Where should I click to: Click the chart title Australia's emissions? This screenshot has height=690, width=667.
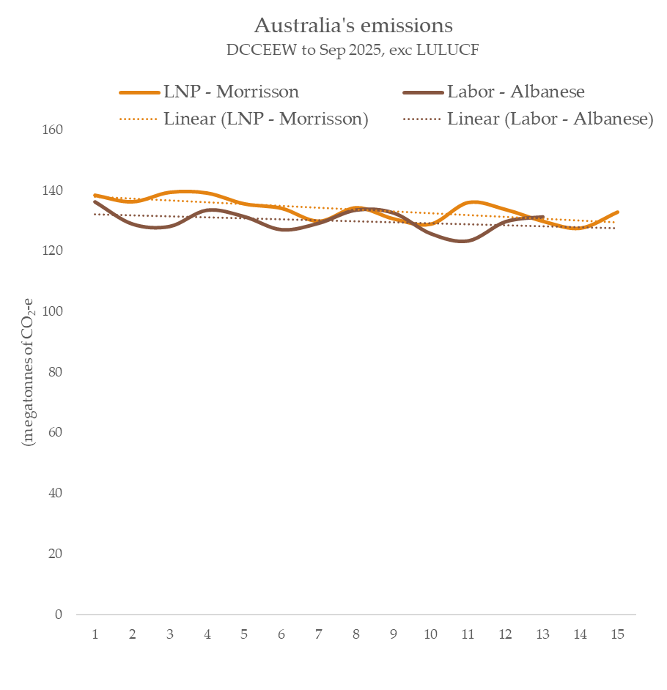pos(353,26)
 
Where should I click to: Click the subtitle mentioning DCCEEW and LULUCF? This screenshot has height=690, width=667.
pos(353,51)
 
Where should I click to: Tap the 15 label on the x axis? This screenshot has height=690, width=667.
pos(617,634)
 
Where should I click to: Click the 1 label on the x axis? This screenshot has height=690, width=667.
pos(95,634)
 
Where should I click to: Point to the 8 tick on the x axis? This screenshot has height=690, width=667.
pos(356,634)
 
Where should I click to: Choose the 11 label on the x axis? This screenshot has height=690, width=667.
pos(468,634)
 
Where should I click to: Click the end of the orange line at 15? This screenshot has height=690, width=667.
pos(618,212)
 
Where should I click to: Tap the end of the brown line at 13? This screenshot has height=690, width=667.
pos(543,217)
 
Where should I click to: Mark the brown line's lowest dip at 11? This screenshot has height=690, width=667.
pos(465,240)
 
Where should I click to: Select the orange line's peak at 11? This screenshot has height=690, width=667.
pos(473,201)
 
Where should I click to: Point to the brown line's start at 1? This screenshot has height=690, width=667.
pos(95,202)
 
